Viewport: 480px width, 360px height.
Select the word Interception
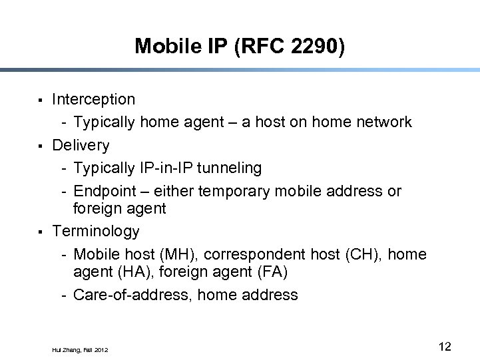(x=93, y=100)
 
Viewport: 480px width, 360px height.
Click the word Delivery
(x=81, y=145)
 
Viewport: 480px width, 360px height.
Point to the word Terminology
(x=96, y=232)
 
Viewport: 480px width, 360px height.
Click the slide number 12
(x=445, y=346)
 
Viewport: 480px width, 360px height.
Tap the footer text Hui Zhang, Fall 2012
(x=79, y=349)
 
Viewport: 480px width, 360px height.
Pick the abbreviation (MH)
(x=182, y=254)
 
